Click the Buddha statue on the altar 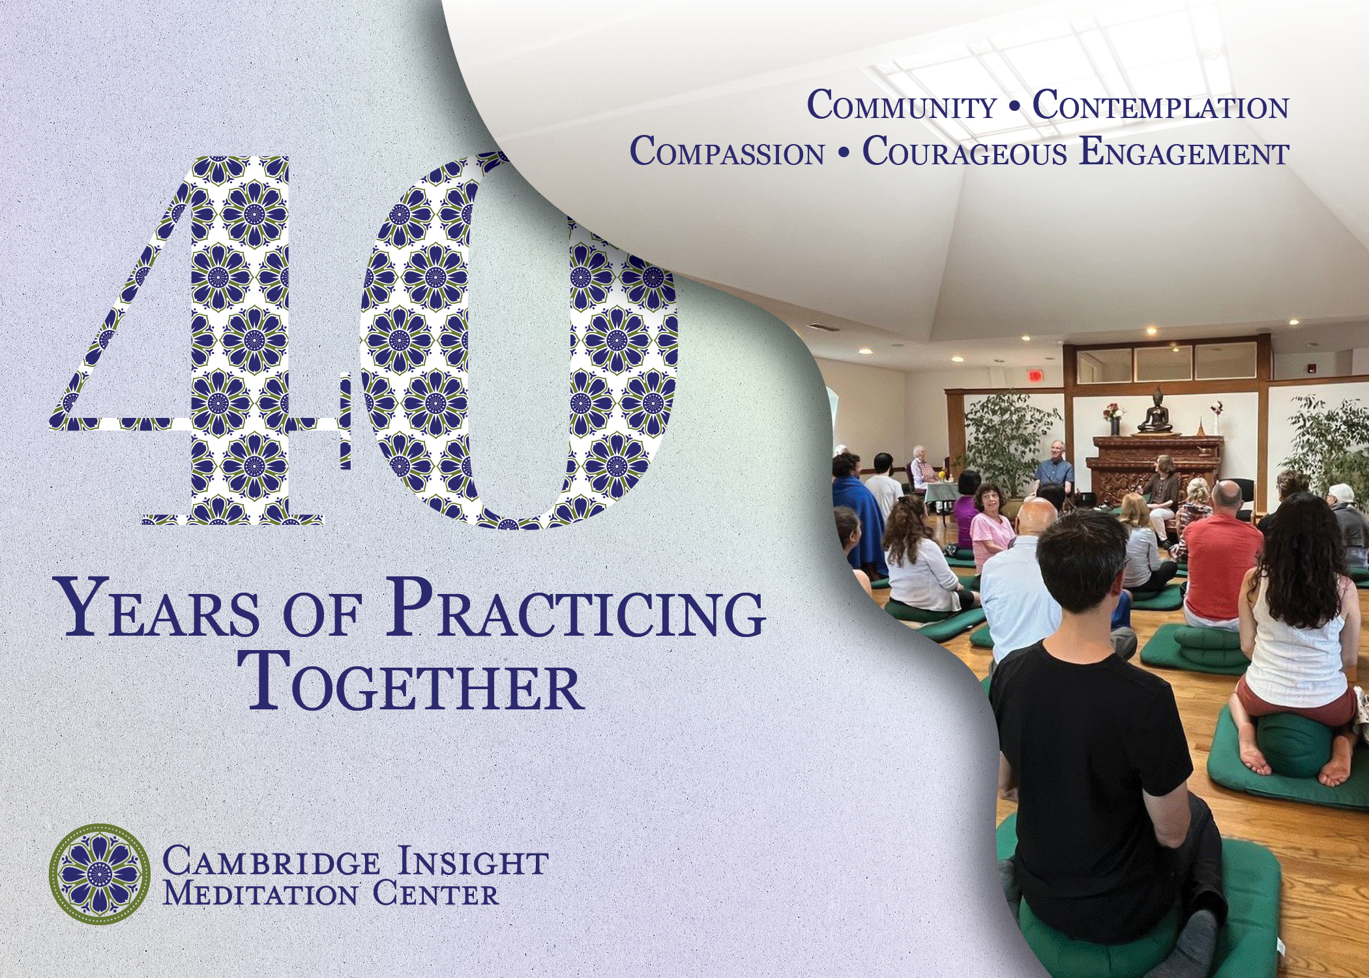(x=1155, y=411)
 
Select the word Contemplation (x=1160, y=106)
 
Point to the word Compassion (x=727, y=151)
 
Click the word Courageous (x=965, y=151)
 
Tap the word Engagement (x=1184, y=151)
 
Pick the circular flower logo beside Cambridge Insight (x=100, y=874)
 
